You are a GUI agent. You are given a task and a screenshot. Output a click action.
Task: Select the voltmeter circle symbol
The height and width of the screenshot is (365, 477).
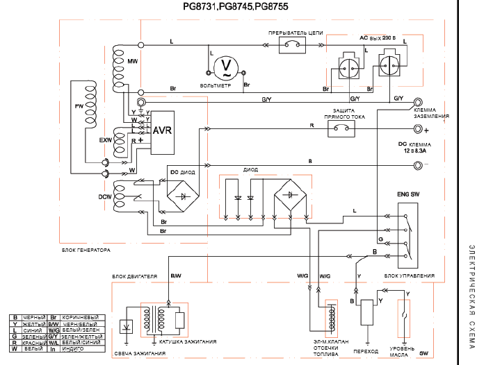pyautogui.click(x=225, y=67)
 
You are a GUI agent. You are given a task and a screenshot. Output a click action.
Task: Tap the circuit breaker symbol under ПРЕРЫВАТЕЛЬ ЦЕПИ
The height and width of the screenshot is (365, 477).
pyautogui.click(x=293, y=46)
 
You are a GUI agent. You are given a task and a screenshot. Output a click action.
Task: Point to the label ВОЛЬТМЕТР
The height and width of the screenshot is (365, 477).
pyautogui.click(x=214, y=85)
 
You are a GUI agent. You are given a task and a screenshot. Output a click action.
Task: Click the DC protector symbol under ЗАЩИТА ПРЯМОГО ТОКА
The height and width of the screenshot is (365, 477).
pyautogui.click(x=340, y=129)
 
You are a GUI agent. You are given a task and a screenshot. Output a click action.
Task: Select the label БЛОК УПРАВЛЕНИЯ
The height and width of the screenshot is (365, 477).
pyautogui.click(x=410, y=276)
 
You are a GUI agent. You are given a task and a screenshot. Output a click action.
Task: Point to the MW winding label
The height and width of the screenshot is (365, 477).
pyautogui.click(x=132, y=62)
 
